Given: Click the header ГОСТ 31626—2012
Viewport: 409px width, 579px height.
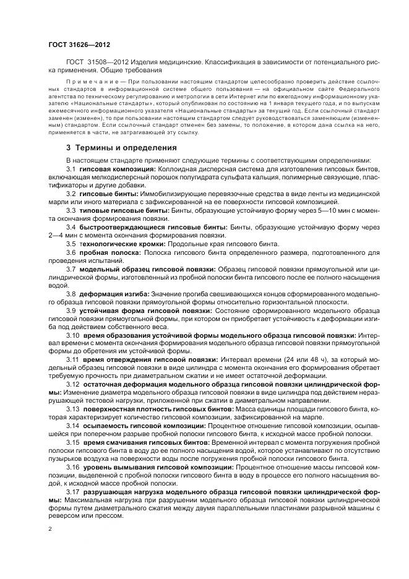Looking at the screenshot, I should (74, 45).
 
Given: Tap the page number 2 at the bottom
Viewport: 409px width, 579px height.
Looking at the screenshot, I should (50, 530).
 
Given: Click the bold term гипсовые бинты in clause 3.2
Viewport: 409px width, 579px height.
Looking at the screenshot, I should (103, 193).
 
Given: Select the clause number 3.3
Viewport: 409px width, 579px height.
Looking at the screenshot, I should (71, 210).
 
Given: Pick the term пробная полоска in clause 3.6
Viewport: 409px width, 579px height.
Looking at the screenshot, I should (105, 253).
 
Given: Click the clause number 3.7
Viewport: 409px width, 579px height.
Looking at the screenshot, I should (71, 269).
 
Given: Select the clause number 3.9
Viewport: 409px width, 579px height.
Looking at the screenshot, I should (71, 309).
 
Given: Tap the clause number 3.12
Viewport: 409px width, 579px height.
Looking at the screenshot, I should (73, 384).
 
